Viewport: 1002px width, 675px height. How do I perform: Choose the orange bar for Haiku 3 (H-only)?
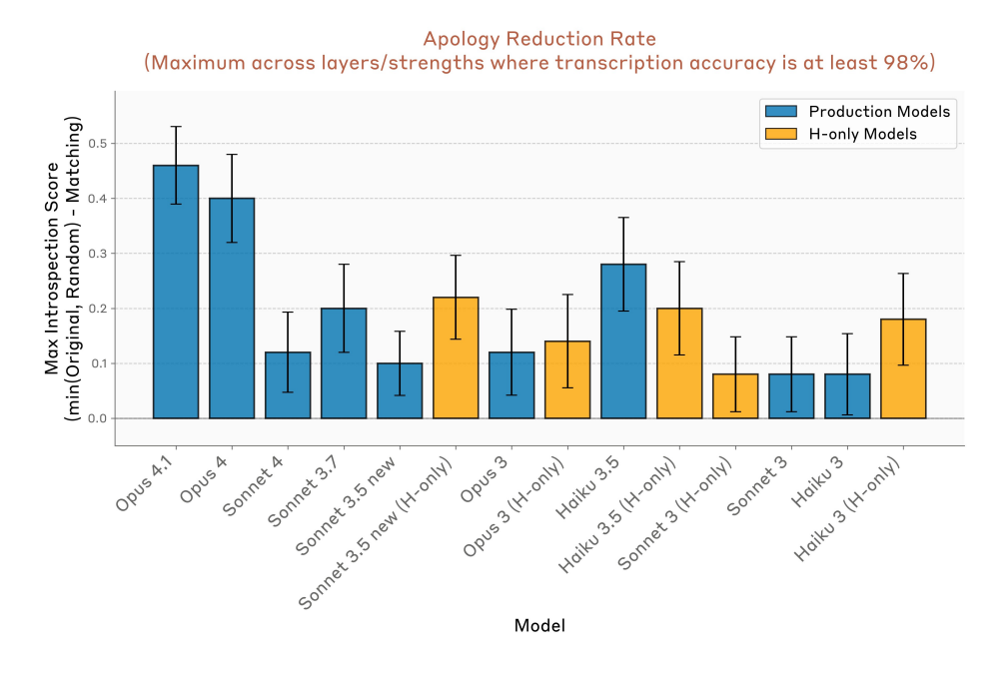(903, 368)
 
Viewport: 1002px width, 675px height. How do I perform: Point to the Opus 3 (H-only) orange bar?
(567, 379)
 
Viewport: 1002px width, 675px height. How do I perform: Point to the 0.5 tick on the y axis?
(97, 144)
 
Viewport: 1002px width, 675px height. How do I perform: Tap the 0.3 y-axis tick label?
(97, 254)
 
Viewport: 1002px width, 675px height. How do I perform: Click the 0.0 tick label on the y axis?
(97, 418)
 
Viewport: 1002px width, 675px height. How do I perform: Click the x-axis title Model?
(539, 626)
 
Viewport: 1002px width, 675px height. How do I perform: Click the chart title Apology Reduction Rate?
(539, 39)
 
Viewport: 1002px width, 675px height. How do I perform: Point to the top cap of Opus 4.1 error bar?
(176, 127)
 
